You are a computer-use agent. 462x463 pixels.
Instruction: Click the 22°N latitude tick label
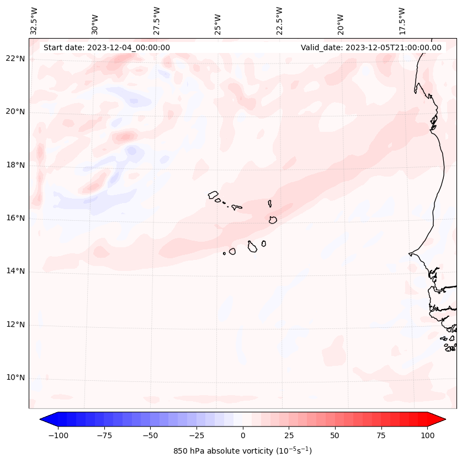pyautogui.click(x=15, y=58)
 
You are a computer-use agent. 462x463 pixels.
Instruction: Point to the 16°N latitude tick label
pyautogui.click(x=15, y=218)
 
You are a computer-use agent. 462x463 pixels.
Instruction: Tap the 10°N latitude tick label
pyautogui.click(x=15, y=378)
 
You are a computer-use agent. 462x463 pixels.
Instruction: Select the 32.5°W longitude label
pyautogui.click(x=34, y=21)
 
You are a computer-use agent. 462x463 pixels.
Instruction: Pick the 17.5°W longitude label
pyautogui.click(x=402, y=21)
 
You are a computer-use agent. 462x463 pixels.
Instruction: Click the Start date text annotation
pyautogui.click(x=107, y=47)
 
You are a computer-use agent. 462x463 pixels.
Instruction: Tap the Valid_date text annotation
pyautogui.click(x=371, y=47)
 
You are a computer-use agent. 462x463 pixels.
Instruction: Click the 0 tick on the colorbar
pyautogui.click(x=243, y=435)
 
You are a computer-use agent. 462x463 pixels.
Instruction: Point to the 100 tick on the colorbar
pyautogui.click(x=427, y=435)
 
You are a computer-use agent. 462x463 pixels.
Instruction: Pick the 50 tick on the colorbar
pyautogui.click(x=335, y=435)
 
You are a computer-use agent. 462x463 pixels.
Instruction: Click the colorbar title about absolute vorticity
pyautogui.click(x=243, y=451)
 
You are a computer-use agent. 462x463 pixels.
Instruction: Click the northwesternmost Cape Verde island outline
pyautogui.click(x=213, y=194)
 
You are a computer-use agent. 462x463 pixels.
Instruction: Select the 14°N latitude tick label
pyautogui.click(x=15, y=271)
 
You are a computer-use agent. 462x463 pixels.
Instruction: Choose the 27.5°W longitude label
pyautogui.click(x=157, y=21)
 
